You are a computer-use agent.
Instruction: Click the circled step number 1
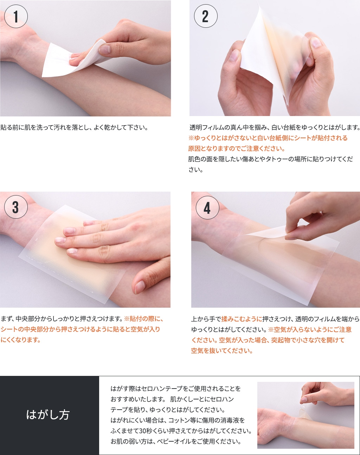click(16, 16)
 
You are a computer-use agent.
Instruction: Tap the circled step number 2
click(205, 16)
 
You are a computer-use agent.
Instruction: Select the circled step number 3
click(16, 207)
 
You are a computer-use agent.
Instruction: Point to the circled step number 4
click(207, 208)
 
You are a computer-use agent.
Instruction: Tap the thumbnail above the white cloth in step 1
click(105, 50)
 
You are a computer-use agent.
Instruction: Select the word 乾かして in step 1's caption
click(116, 128)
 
